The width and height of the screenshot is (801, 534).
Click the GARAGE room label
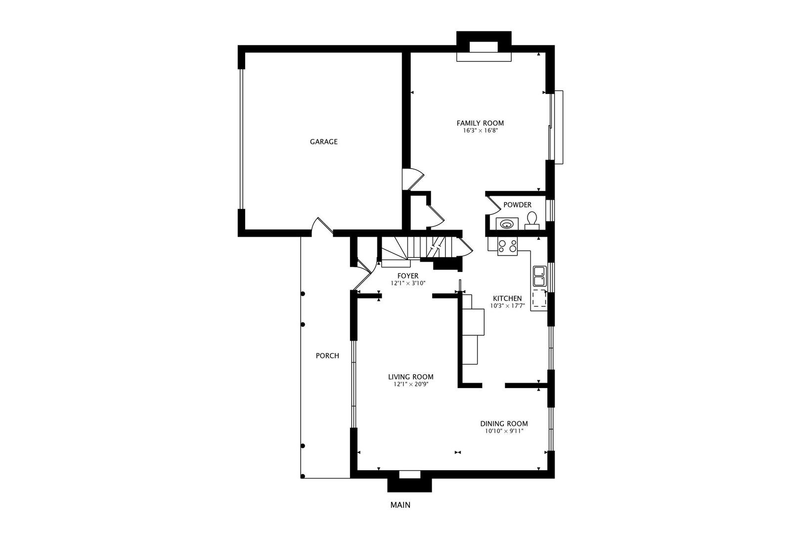click(324, 141)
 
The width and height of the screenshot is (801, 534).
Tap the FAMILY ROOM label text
click(480, 123)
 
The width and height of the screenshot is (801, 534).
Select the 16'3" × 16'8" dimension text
click(481, 131)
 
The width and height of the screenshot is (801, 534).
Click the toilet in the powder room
click(532, 221)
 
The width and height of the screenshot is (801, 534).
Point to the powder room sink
click(507, 224)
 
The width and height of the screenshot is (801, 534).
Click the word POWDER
click(517, 205)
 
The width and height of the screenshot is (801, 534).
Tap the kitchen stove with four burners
click(507, 246)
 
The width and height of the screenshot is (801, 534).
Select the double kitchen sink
click(539, 276)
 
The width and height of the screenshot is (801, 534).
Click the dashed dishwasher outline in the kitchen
click(539, 298)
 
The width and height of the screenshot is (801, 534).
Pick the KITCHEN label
click(507, 298)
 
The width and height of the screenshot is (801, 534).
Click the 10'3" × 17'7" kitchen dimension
click(507, 306)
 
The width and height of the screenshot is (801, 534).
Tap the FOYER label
click(408, 276)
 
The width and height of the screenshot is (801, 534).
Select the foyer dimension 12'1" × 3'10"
click(408, 283)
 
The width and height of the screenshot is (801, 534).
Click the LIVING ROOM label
click(411, 377)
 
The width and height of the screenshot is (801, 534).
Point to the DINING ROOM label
click(504, 423)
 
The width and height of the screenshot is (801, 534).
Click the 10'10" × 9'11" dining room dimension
click(504, 431)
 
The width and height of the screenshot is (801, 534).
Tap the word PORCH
click(327, 356)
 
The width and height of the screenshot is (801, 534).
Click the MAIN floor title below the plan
click(400, 505)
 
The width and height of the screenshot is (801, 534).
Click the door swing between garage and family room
click(413, 179)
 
